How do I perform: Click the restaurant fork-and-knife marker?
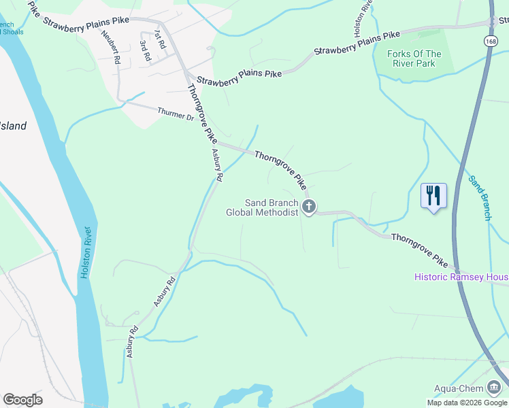[x=433, y=196]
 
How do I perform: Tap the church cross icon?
[x=309, y=207]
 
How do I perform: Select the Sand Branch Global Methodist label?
[x=263, y=207]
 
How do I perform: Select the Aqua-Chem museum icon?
[x=493, y=388]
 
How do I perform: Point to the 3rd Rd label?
[x=144, y=51]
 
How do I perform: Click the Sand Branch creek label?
[x=479, y=198]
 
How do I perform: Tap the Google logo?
[x=22, y=400]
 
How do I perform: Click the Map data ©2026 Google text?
[x=467, y=403]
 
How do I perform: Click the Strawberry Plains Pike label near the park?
[x=357, y=44]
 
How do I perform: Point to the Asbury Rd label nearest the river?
[x=132, y=342]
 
